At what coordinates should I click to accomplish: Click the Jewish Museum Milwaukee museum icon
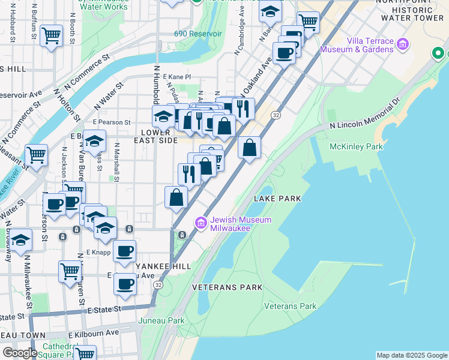(200, 224)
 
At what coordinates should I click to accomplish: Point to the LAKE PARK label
(277, 198)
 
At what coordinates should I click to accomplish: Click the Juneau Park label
(169, 320)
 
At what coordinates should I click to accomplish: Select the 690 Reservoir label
(194, 34)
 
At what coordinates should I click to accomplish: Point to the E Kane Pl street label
(176, 77)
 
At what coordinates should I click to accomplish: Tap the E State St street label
(104, 308)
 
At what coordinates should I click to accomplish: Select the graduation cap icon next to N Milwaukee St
(21, 239)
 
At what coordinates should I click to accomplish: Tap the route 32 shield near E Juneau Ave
(157, 284)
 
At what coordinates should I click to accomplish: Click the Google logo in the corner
(20, 353)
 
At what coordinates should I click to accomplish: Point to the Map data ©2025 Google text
(411, 355)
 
